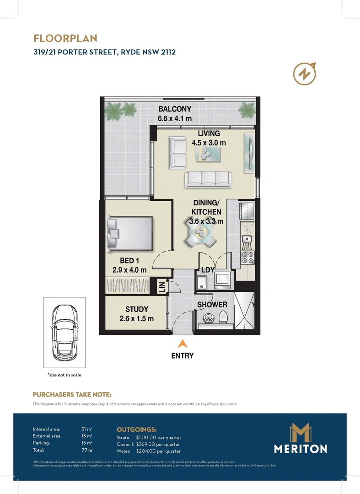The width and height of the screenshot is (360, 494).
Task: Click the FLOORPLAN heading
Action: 65,38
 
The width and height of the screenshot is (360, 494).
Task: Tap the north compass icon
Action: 305,73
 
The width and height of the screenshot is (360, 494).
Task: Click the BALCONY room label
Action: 175,109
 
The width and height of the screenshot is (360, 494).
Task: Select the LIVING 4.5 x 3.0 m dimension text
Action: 209,142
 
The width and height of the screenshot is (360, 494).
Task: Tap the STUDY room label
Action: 137,310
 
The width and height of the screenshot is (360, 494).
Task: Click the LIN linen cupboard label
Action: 161,287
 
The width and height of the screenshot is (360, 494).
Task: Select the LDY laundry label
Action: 208,270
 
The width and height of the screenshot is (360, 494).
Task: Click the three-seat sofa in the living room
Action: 208,179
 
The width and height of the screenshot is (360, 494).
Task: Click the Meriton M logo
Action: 301,432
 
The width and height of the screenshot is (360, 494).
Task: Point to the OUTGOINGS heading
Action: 137,430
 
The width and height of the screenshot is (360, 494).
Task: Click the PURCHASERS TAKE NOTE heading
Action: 72,394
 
